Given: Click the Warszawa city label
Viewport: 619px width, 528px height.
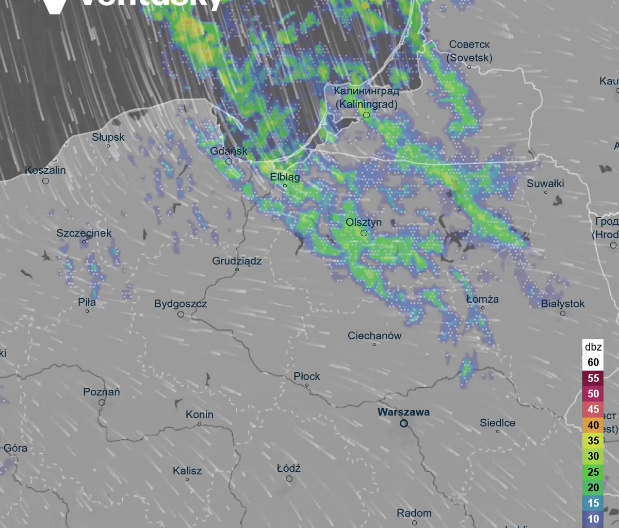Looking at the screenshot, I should click(x=403, y=412).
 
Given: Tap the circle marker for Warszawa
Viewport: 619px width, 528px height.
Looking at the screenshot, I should click(x=404, y=423).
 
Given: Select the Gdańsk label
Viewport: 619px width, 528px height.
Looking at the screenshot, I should click(x=229, y=151).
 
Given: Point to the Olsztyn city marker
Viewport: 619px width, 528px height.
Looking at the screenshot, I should click(x=364, y=233).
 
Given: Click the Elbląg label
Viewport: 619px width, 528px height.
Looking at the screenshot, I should click(x=285, y=177).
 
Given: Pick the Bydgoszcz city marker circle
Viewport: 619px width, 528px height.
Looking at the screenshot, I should click(x=181, y=314).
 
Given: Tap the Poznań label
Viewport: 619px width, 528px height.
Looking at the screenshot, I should click(x=102, y=392).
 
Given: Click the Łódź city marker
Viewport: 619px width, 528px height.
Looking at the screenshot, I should click(x=289, y=479).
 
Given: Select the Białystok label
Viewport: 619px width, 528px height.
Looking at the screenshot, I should click(x=563, y=304).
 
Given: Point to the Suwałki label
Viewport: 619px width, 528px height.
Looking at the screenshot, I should click(x=545, y=184).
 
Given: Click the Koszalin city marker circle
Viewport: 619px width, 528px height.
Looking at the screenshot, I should click(x=45, y=181).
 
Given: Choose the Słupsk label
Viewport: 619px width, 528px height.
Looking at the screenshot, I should click(x=108, y=137).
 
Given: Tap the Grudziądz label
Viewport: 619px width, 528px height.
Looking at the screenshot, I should click(x=237, y=261).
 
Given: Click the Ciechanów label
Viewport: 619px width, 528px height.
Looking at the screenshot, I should click(x=374, y=336).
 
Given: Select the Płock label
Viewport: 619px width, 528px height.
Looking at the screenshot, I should click(x=307, y=376).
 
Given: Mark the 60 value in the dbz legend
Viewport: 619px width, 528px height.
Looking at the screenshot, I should click(x=593, y=362).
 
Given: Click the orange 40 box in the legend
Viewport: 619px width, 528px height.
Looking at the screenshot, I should click(x=593, y=425).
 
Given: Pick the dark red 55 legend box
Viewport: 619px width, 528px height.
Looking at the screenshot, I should click(x=593, y=378).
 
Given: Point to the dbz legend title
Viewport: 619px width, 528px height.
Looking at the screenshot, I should click(x=593, y=347).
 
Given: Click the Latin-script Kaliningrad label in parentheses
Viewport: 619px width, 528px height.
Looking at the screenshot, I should click(x=366, y=104).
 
